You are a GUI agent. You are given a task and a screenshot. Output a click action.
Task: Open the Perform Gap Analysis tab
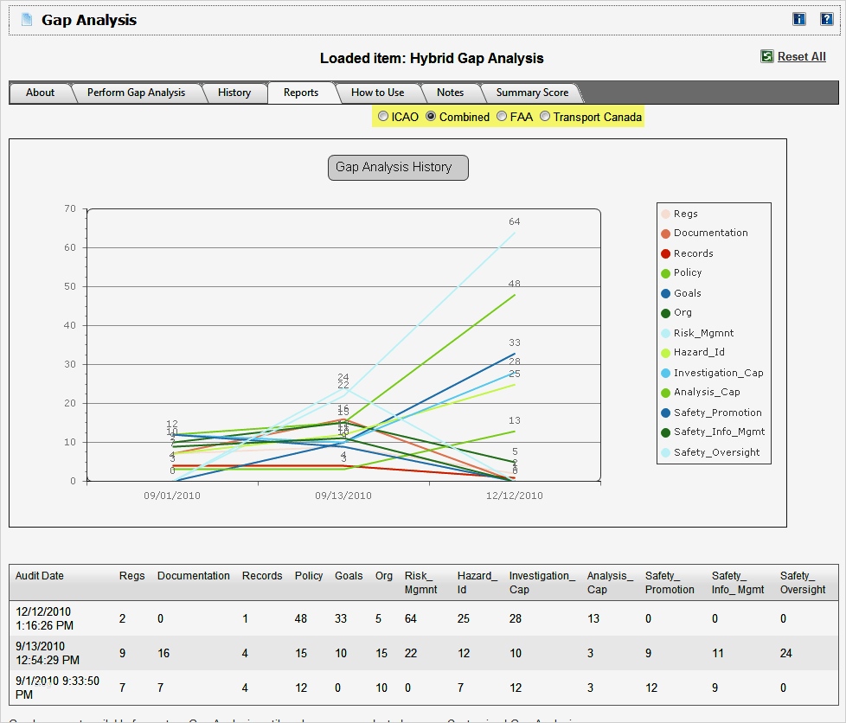(136, 93)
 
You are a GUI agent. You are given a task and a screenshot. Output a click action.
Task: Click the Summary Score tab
(532, 93)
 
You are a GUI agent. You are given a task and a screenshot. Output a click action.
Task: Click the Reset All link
(801, 56)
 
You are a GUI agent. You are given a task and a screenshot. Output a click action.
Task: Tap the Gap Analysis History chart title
(397, 168)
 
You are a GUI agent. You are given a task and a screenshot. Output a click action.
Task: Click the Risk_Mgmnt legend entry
(703, 333)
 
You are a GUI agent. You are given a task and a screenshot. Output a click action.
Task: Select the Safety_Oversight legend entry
(716, 452)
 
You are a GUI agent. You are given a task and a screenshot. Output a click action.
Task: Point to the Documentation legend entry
(710, 233)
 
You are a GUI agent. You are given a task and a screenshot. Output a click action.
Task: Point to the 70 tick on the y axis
(71, 208)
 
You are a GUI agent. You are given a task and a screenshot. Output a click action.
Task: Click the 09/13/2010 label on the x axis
(343, 496)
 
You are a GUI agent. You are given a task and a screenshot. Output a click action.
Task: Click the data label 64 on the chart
(515, 222)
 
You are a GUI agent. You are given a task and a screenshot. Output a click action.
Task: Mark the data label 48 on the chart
(515, 284)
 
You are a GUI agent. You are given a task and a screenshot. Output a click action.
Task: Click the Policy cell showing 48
(301, 618)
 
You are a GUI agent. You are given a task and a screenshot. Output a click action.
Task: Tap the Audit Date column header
(40, 576)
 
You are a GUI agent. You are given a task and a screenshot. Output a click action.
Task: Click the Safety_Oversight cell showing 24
(786, 654)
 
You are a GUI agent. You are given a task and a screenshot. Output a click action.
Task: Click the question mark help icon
(826, 19)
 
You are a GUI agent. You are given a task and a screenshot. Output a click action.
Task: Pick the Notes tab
(450, 93)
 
